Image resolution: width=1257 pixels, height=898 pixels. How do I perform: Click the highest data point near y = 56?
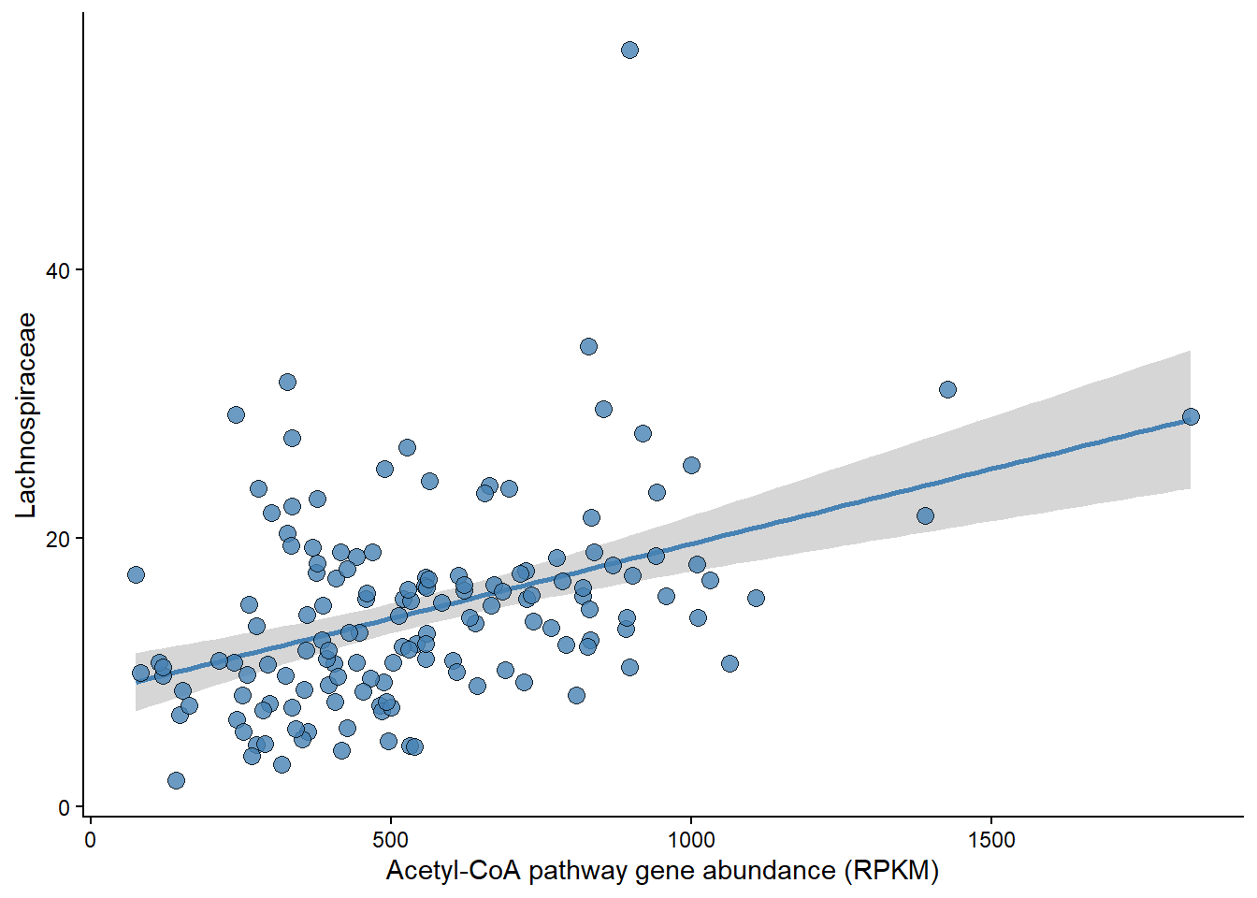(629, 50)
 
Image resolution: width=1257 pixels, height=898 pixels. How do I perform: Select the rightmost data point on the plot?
(1191, 416)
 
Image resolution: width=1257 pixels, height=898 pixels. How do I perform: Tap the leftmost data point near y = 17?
(136, 574)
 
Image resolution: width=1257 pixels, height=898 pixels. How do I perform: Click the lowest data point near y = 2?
(176, 780)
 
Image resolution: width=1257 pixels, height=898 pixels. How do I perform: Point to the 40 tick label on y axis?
(58, 270)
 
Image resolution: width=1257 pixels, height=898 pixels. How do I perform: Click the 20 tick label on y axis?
(58, 539)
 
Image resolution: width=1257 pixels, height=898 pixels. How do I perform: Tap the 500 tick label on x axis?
(391, 839)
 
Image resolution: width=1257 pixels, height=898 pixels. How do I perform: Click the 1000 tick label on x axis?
(691, 839)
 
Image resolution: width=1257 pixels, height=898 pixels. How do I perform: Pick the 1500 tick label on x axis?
(991, 839)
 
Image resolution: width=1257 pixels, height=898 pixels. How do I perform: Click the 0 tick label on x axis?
(90, 839)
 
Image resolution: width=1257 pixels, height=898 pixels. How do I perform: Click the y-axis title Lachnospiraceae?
(26, 414)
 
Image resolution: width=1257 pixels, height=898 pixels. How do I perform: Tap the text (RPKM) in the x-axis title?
(891, 871)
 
